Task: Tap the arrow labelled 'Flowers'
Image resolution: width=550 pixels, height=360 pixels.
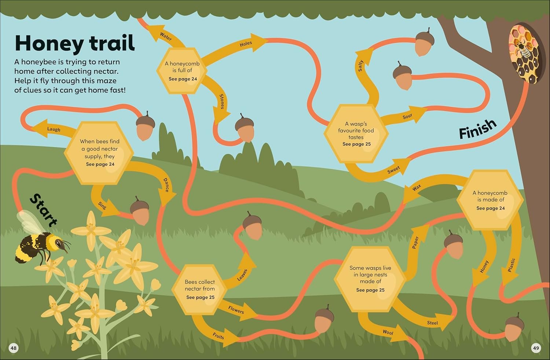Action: coord(237,310)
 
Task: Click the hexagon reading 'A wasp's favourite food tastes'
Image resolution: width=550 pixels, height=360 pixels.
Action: coord(356,134)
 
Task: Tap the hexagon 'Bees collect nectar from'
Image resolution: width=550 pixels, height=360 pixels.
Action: coord(199,290)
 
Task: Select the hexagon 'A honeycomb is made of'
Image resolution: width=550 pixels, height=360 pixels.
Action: coord(490,200)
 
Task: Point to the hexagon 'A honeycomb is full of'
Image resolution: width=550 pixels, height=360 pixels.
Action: coord(182,71)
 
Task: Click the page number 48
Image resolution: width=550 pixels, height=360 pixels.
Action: coord(14,348)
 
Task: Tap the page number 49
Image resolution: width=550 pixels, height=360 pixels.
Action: coord(536,348)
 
